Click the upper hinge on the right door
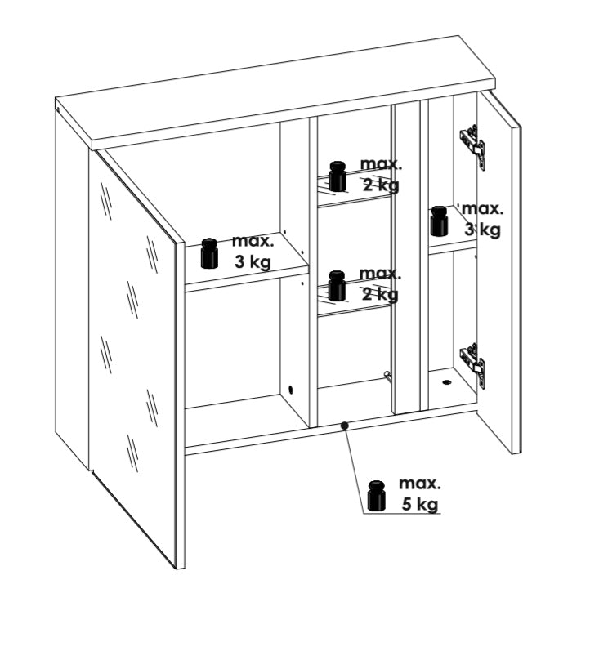click(473, 145)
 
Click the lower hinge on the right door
click(473, 364)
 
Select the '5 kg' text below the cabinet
click(420, 504)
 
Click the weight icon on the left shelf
click(209, 253)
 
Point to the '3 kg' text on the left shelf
click(253, 262)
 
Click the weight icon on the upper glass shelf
click(338, 176)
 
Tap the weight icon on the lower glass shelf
click(337, 286)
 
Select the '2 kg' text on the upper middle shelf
click(381, 185)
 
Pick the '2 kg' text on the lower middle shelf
click(380, 294)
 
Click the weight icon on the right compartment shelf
click(439, 221)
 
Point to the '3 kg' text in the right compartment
click(482, 230)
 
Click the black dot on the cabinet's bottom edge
click(345, 426)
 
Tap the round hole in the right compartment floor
click(446, 382)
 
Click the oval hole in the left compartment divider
click(290, 390)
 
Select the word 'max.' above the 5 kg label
click(420, 484)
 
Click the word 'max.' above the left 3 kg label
click(253, 241)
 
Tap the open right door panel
click(499, 271)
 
